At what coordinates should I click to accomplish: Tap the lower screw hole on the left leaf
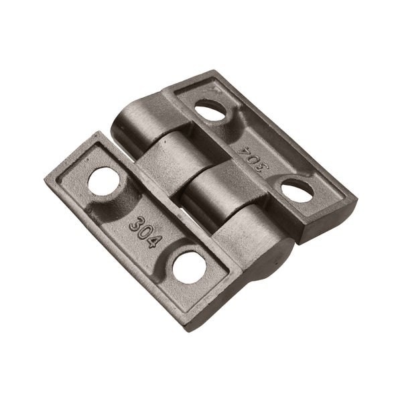tap(190, 267)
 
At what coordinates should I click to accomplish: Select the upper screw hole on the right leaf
tap(210, 109)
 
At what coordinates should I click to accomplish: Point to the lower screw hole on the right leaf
tap(297, 190)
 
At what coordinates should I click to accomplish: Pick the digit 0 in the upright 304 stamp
tap(146, 232)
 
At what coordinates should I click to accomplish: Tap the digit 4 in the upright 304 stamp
tap(155, 241)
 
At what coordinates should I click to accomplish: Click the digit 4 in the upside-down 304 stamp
tap(244, 152)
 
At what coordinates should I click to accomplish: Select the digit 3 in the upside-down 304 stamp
tap(261, 167)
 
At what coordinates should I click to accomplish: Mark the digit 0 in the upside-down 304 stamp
tap(253, 160)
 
